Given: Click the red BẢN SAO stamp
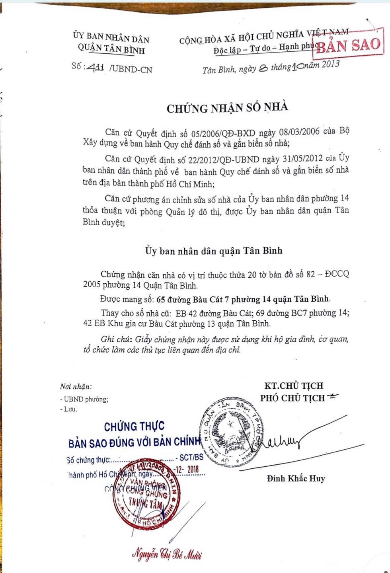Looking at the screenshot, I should click(349, 44).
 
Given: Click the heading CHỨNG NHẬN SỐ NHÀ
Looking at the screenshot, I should click(227, 108).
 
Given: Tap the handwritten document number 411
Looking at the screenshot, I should click(96, 67).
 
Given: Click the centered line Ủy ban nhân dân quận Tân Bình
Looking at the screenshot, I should click(214, 251).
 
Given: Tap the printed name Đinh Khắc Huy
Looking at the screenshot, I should click(296, 478).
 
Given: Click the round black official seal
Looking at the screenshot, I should click(232, 431).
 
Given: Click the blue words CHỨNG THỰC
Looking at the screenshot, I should click(134, 427).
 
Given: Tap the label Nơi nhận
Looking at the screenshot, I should click(75, 386).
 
